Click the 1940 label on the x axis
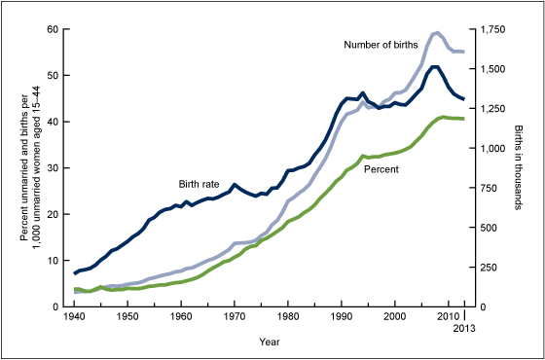75,318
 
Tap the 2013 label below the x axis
462,330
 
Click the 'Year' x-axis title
270,342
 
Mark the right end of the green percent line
463,119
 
